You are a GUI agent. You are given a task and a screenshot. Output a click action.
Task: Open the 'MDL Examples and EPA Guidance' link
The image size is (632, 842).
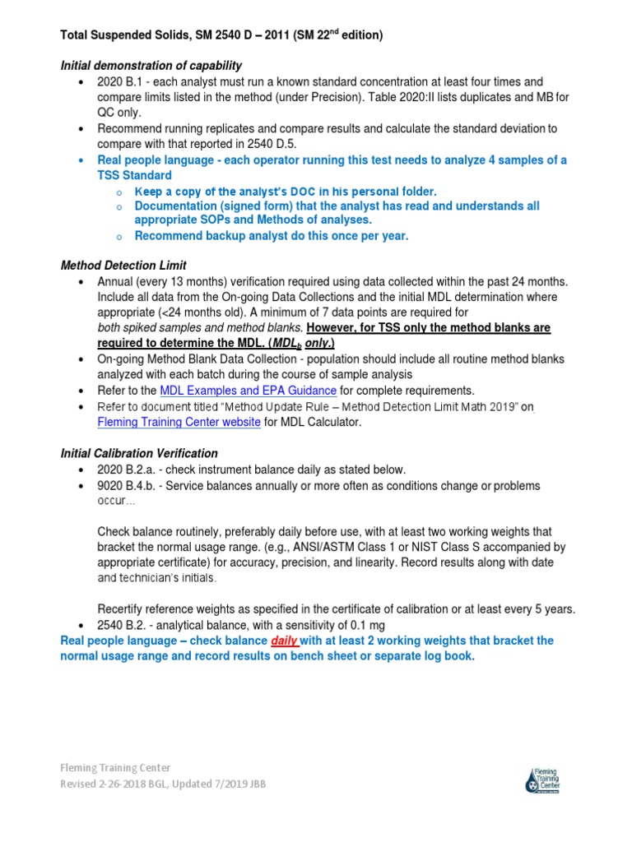click(x=249, y=391)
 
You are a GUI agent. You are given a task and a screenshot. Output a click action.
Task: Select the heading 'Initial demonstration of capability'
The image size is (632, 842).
click(x=151, y=65)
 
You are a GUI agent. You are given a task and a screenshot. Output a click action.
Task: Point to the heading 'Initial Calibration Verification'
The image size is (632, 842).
click(x=140, y=453)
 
